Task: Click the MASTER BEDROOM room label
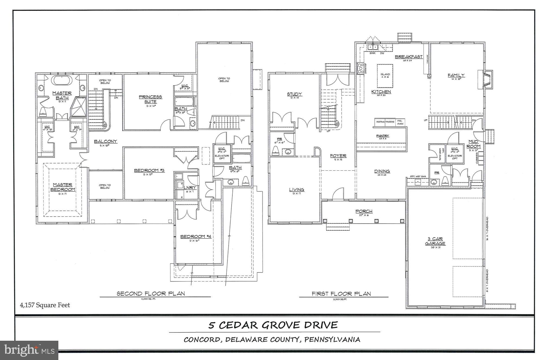[x=62, y=187]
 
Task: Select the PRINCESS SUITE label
[x=150, y=99]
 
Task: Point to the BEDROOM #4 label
[x=196, y=236]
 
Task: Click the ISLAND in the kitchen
[x=385, y=75]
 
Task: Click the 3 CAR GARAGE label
[x=435, y=241]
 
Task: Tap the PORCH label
[x=364, y=211]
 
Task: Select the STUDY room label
[x=294, y=94]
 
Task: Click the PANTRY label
[x=383, y=136]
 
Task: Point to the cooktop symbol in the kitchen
[x=360, y=68]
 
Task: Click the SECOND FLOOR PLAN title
[x=151, y=293]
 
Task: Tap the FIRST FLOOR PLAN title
[x=341, y=293]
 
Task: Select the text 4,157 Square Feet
[x=45, y=305]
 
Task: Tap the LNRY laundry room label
[x=190, y=187]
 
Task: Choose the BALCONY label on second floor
[x=105, y=141]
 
